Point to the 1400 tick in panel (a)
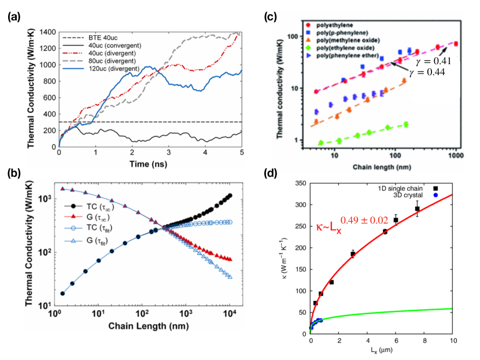[46, 31]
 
